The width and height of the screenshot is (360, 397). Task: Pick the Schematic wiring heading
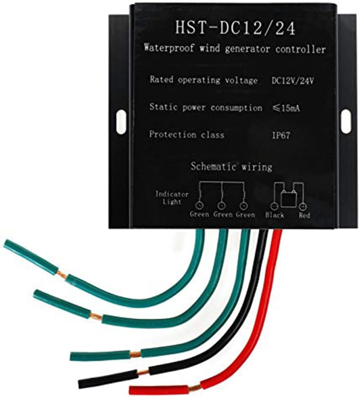point(231,167)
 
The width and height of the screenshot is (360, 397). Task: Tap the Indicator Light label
point(172,198)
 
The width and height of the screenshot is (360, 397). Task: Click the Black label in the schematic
point(275,215)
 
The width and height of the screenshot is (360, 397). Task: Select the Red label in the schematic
point(304,215)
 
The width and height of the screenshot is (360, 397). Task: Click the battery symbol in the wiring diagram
point(289,197)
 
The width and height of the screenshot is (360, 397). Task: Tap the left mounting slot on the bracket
point(121,122)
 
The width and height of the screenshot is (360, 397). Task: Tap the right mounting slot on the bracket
point(346,121)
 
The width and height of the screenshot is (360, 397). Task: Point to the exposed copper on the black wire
point(143,372)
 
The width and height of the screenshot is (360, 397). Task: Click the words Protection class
point(186,135)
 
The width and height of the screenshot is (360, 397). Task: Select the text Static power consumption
point(206,108)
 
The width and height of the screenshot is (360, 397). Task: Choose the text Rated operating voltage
point(203,80)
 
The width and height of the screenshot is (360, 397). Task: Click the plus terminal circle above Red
point(303,206)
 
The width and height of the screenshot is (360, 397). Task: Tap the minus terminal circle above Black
point(274,206)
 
